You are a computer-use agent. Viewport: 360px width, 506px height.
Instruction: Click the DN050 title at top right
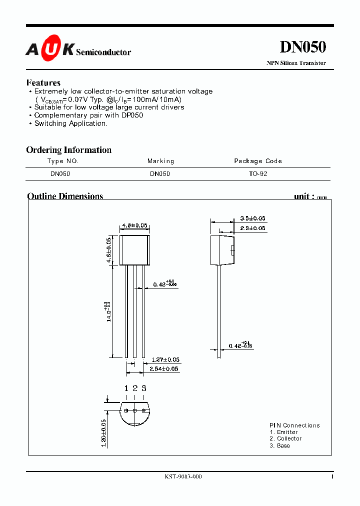point(302,47)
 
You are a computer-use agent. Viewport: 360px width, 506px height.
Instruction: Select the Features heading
point(43,83)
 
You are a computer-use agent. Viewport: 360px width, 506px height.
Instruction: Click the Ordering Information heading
point(68,150)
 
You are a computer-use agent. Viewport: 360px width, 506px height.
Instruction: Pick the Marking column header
point(160,161)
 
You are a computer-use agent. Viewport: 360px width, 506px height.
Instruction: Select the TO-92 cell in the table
point(258,174)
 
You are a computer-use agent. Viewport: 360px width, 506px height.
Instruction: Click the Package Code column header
point(258,161)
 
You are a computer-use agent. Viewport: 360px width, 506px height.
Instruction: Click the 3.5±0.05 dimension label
point(252,218)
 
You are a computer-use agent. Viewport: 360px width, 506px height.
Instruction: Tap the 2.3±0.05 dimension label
point(252,228)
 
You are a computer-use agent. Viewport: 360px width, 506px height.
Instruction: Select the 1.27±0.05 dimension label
point(164,359)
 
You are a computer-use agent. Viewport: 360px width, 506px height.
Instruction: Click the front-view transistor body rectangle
point(134,250)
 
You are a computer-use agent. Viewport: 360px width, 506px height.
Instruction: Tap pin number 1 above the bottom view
point(126,388)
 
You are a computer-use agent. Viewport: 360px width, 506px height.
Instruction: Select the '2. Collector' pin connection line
point(285,438)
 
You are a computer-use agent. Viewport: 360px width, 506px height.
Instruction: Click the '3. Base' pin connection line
point(279,445)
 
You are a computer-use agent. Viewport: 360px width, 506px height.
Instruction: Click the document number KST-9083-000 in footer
point(183,476)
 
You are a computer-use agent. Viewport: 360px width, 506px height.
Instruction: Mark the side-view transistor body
point(222,250)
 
